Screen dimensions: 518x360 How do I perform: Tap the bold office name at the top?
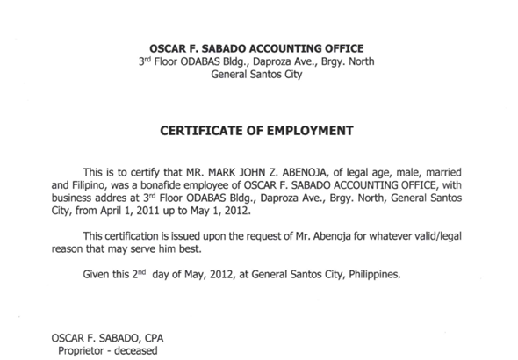(x=257, y=47)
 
